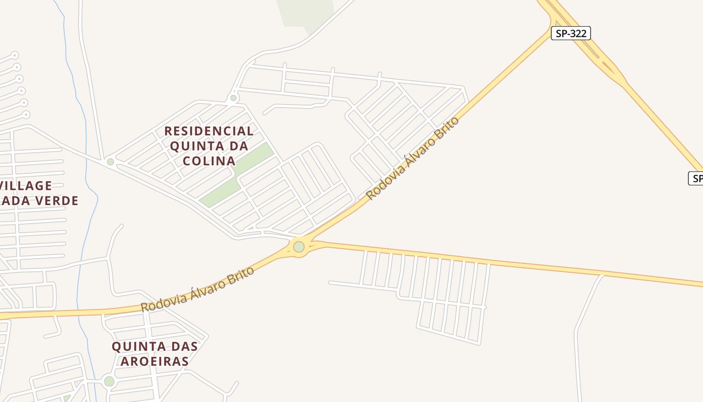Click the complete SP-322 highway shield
570,34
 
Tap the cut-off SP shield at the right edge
696,178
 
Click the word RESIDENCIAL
209,131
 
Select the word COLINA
209,161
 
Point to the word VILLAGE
26,186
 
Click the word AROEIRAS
150,361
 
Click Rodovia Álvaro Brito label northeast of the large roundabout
413,158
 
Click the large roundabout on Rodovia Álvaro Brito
299,247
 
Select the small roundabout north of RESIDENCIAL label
233,98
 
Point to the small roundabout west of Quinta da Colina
110,162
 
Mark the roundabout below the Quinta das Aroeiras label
109,381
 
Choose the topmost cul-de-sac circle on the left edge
15,55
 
